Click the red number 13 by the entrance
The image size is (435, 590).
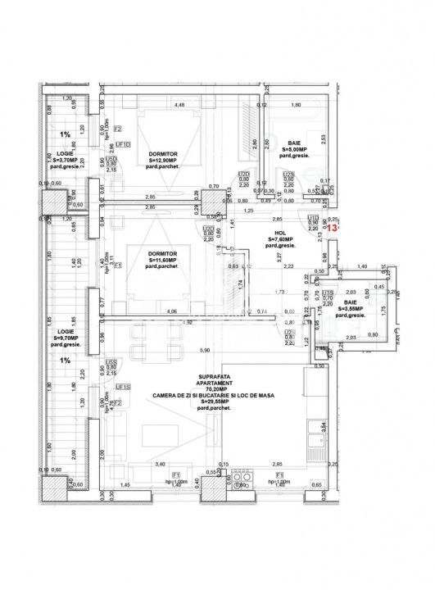[x=332, y=229]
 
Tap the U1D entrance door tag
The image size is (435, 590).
[x=313, y=218]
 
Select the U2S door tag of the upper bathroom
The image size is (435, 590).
[x=288, y=175]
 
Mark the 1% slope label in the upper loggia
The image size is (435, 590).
[x=63, y=134]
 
